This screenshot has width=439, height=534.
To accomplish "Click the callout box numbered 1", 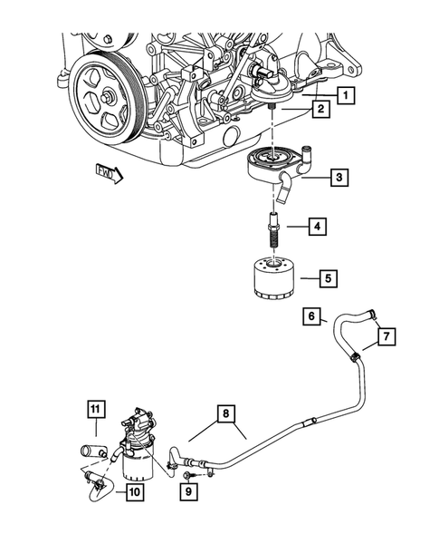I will click(x=347, y=94).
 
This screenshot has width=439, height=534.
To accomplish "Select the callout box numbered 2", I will click(x=320, y=111).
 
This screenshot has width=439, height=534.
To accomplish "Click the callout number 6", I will click(x=310, y=317).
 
